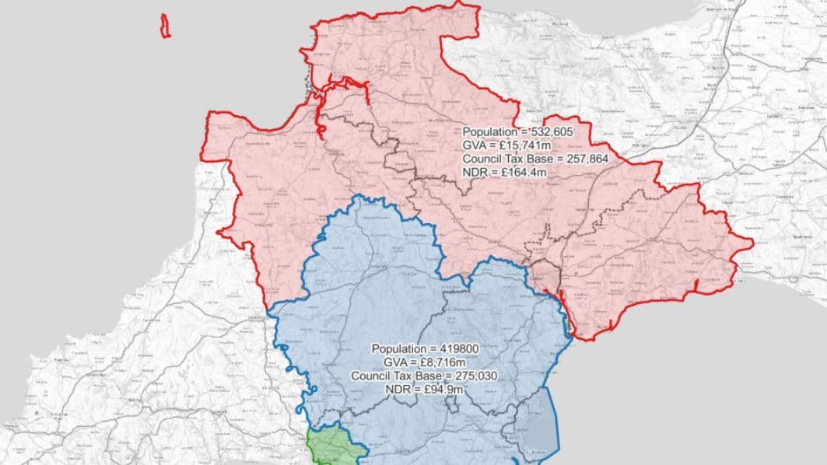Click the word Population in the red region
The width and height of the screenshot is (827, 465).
pyautogui.click(x=489, y=132)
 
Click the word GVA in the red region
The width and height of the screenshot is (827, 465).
pyautogui.click(x=475, y=145)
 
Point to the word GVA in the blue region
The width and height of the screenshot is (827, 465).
pyautogui.click(x=396, y=362)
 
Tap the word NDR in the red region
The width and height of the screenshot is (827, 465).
pyautogui.click(x=475, y=172)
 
